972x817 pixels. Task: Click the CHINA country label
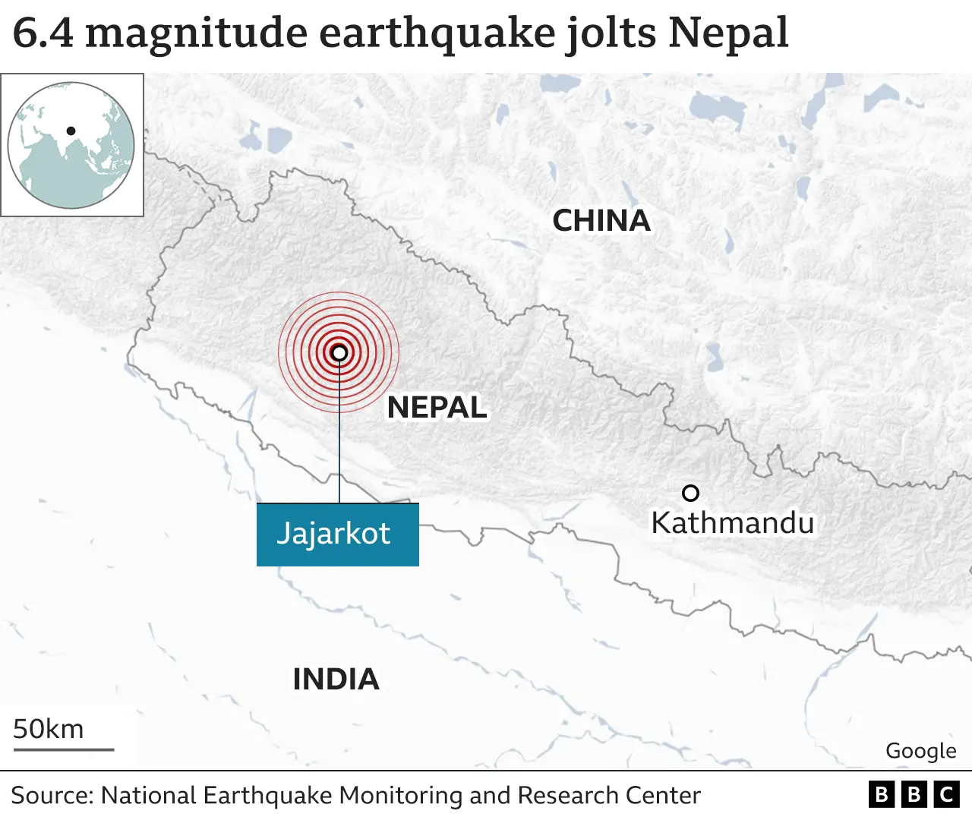(601, 221)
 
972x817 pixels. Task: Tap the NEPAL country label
(437, 408)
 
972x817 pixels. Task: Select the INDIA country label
(336, 679)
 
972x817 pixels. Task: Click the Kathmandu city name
(732, 523)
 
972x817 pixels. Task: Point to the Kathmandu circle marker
(690, 494)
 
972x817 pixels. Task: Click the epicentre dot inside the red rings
(339, 352)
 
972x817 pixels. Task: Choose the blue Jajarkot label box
(337, 534)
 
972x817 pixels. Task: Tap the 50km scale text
(49, 729)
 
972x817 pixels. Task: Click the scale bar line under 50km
(64, 749)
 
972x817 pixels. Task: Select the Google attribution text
(920, 751)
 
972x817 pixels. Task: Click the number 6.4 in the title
(43, 33)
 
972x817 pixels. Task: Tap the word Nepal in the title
(728, 33)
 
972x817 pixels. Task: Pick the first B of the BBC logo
(881, 794)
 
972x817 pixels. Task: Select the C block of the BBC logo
(946, 794)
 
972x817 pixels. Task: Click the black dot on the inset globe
(71, 131)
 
